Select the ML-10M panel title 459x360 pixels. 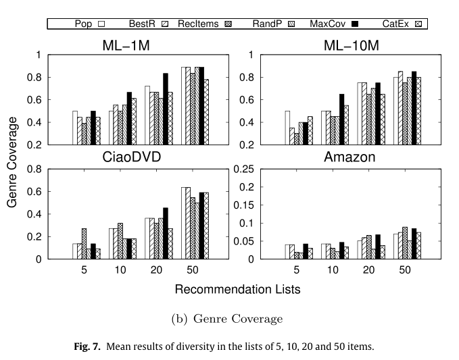coord(341,46)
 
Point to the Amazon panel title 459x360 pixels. coord(341,159)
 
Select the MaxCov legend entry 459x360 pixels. coord(329,24)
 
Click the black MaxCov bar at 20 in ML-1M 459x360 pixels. coord(166,109)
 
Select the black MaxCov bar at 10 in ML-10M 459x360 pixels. coord(341,119)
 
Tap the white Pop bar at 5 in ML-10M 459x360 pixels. coord(287,128)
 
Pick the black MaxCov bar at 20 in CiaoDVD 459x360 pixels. coord(166,233)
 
